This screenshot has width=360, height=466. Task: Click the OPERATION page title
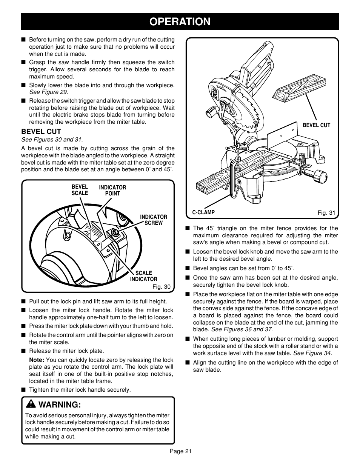(x=180, y=22)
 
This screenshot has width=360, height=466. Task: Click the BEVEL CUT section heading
(x=41, y=132)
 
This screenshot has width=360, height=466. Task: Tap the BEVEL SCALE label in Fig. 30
(x=80, y=190)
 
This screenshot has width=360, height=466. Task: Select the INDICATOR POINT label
(x=112, y=191)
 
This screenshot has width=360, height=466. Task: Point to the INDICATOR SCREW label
(x=154, y=220)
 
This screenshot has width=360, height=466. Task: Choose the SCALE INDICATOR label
(x=144, y=276)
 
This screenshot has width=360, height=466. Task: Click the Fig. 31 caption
(x=326, y=213)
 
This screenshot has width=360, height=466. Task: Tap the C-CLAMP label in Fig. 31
(x=203, y=212)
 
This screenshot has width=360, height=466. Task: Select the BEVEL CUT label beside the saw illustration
(x=316, y=125)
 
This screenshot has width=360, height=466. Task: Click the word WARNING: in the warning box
(x=60, y=405)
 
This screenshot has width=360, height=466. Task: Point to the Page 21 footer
(x=180, y=451)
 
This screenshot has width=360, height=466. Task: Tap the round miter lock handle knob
(x=319, y=176)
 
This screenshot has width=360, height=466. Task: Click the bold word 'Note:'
(x=37, y=360)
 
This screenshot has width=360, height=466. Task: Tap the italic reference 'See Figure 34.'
(x=313, y=353)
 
